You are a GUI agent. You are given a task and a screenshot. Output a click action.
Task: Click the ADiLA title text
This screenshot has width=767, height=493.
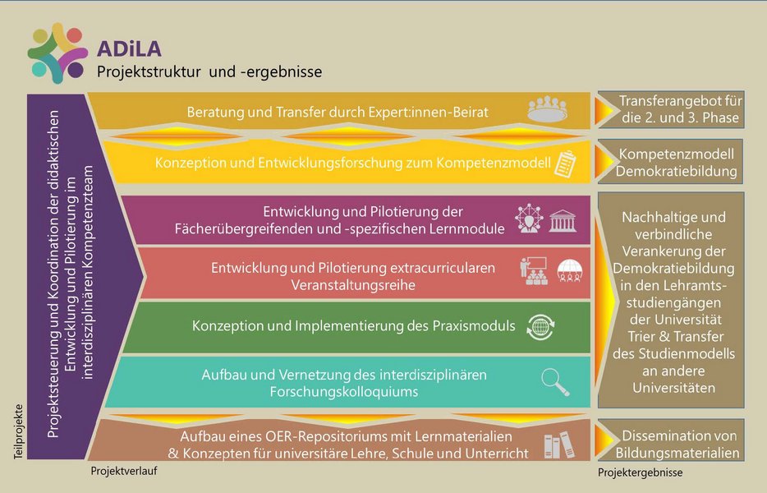coord(129,48)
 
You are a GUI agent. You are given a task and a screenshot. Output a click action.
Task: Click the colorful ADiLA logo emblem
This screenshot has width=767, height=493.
coord(57,53)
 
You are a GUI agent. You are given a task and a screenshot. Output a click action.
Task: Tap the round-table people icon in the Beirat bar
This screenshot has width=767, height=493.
coord(548,108)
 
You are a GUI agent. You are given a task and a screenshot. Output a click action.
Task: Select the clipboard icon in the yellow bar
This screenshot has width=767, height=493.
coord(566,164)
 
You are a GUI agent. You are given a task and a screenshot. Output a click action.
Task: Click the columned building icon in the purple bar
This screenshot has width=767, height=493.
coord(563,220)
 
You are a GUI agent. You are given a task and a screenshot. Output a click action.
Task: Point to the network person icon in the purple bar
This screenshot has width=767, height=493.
coord(529,219)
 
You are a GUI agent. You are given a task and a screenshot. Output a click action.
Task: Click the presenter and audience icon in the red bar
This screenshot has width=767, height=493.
coord(534,270)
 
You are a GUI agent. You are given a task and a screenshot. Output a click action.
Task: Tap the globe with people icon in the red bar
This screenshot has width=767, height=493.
coord(570,270)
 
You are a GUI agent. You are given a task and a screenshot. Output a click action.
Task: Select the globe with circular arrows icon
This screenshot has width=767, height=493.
coord(540,326)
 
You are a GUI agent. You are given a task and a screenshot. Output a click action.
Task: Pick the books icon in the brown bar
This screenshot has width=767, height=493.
coord(559,445)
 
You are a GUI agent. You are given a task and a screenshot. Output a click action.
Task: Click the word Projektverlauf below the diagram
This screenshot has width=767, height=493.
coord(124,471)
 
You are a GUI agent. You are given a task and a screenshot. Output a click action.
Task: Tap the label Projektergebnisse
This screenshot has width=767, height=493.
coord(641,472)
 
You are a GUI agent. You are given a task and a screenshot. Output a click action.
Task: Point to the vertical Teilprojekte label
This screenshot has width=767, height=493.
coord(19,431)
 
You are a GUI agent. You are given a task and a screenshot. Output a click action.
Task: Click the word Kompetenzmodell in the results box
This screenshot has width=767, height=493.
coord(677,154)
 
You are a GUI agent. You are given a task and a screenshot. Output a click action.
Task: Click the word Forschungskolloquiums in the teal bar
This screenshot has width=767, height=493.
coord(344,392)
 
